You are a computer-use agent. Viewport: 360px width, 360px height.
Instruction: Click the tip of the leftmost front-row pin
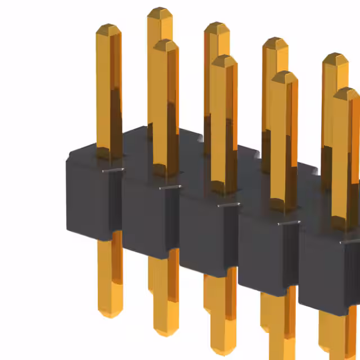coord(108,27)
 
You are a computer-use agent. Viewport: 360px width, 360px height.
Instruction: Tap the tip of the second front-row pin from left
coord(166,43)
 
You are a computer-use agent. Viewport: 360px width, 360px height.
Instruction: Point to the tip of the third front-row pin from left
coord(224,57)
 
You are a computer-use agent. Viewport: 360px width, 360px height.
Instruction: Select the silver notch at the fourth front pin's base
coord(287,223)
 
